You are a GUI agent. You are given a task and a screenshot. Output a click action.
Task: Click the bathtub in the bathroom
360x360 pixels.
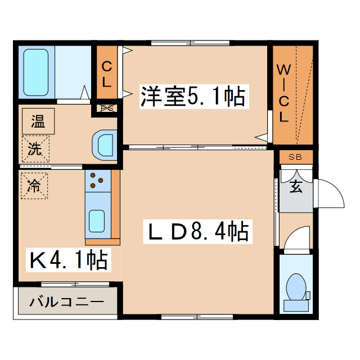(37, 72)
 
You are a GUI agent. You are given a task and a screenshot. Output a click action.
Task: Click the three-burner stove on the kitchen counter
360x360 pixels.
(96, 181)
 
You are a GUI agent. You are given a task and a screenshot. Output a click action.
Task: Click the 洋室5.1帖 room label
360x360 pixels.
(192, 97)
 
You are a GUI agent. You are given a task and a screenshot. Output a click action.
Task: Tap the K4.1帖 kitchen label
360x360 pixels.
(69, 260)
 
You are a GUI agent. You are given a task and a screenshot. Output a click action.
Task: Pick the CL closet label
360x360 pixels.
(107, 74)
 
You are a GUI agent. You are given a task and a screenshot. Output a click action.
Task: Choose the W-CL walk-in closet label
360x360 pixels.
(285, 94)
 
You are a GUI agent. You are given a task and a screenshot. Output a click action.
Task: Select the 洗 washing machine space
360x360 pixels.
(35, 149)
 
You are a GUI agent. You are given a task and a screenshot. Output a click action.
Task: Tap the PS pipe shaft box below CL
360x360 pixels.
(107, 108)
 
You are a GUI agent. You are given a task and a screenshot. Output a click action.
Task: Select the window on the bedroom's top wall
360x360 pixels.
(191, 43)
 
